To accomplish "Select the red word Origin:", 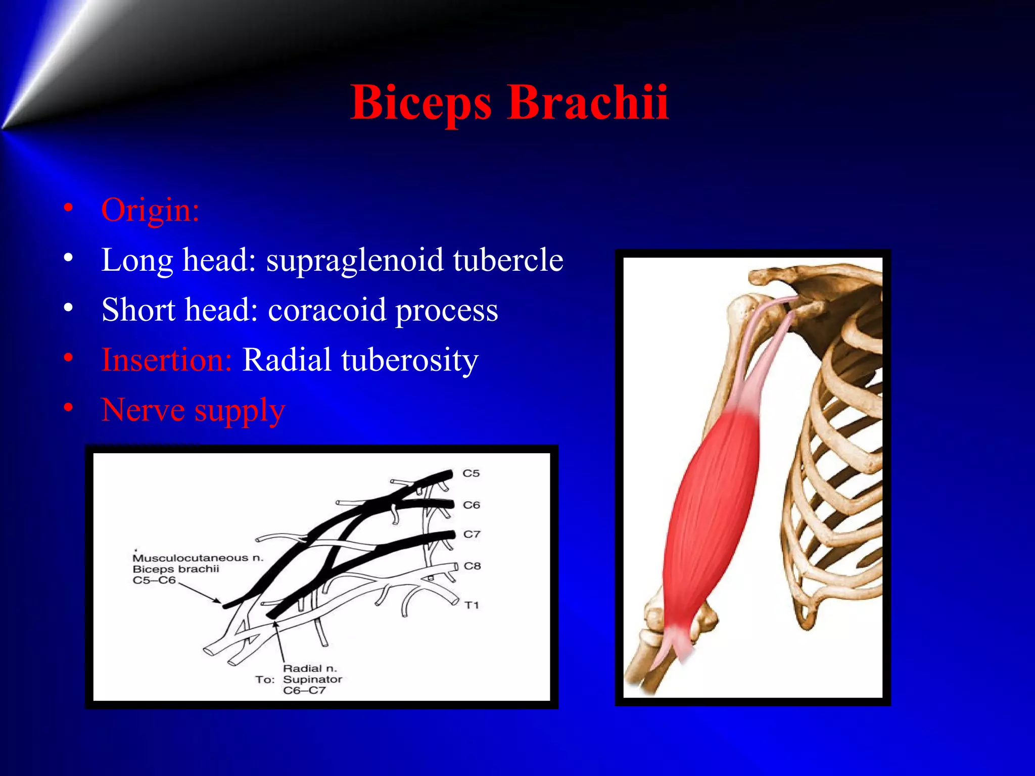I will [x=150, y=210].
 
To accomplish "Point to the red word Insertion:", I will [x=166, y=360].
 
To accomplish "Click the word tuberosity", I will [x=410, y=361].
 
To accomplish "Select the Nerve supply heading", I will [x=193, y=410].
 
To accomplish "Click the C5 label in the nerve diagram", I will [x=471, y=473].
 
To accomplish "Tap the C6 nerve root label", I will [x=472, y=505].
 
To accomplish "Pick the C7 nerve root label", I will [x=472, y=535].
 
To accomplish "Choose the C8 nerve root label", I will [x=472, y=566].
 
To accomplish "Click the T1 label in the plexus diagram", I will [x=472, y=605].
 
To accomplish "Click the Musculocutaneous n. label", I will [x=198, y=558].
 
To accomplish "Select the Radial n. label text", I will [x=309, y=668].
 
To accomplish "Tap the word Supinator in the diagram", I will [x=312, y=680].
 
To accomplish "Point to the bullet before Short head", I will [x=69, y=308].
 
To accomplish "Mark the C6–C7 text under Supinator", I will [x=304, y=691].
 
